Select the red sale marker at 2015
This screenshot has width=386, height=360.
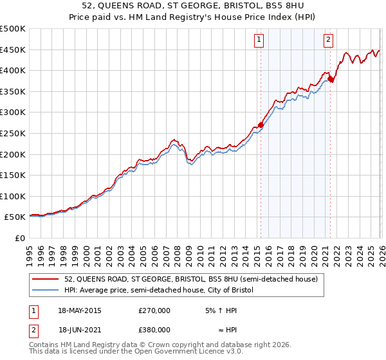pos(261,125)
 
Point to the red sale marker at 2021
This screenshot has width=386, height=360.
pos(331,79)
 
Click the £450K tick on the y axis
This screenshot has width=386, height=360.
pos(13,50)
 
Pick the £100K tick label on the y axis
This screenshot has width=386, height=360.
pos(13,196)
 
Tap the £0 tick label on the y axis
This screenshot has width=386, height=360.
pos(19,238)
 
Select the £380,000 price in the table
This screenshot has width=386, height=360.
pos(154,330)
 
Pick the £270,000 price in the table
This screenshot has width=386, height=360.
pos(154,310)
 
